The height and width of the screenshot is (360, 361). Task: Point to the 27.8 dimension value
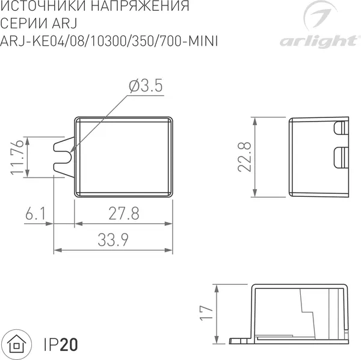(124, 213)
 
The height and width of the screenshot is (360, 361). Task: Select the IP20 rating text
(60, 345)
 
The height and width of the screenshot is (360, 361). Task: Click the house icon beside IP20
(17, 344)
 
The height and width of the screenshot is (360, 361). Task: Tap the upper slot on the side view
(341, 128)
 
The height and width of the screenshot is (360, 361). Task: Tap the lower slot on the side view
(341, 156)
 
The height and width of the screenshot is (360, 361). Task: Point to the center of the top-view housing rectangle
(123, 156)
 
